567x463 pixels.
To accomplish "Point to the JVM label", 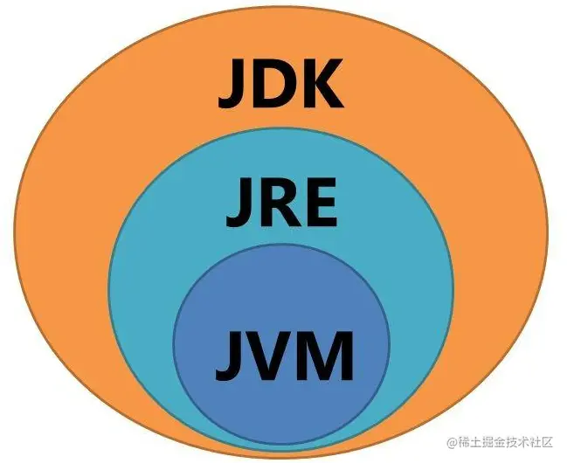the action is tap(279, 355).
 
